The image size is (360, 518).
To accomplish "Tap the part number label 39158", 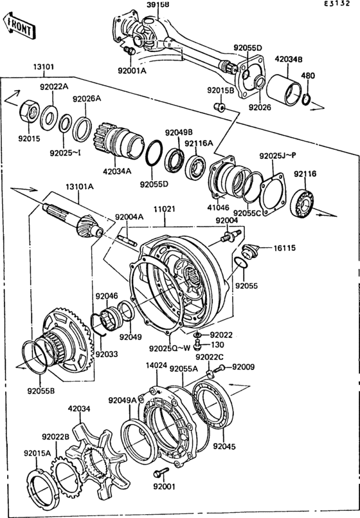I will point(157,5).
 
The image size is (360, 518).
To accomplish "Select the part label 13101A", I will point(78,186).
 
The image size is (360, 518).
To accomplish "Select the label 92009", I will point(244,367).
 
